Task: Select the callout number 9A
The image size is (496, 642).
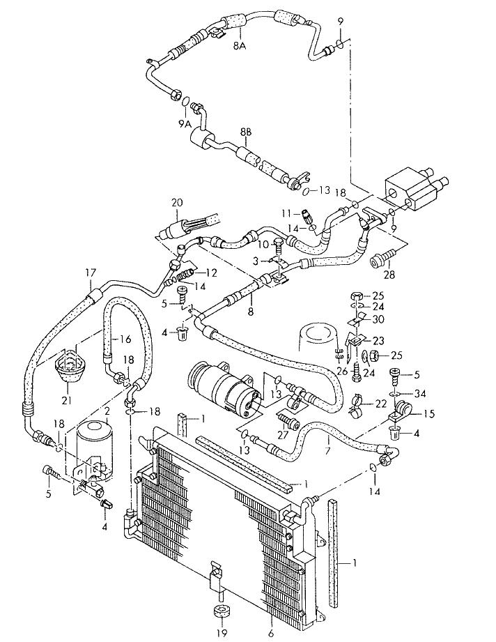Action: [184, 123]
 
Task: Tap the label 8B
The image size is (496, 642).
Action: [247, 132]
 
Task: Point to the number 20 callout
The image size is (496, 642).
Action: [176, 203]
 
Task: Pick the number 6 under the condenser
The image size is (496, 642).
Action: [270, 633]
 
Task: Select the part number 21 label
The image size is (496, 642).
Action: [68, 399]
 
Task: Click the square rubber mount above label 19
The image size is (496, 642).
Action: [221, 612]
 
